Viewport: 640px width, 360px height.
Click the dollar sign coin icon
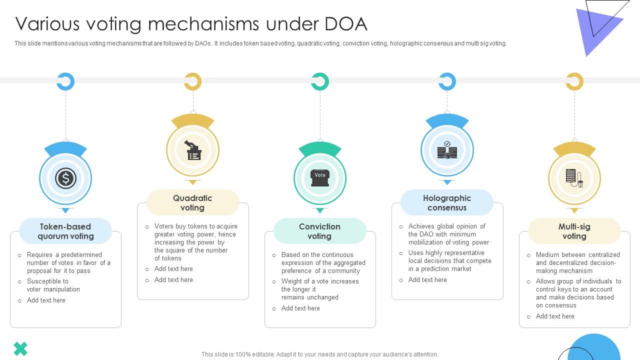tap(65, 178)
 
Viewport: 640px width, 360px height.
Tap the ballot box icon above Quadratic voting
tap(193, 150)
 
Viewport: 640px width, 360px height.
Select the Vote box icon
tap(320, 177)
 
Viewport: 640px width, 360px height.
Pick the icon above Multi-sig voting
tap(574, 178)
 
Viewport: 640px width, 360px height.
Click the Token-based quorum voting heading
tap(65, 231)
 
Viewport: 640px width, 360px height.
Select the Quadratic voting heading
tap(192, 202)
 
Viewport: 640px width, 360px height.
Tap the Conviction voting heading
tap(319, 231)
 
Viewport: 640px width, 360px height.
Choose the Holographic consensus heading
tap(447, 202)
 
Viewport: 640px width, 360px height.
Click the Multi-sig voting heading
tap(574, 231)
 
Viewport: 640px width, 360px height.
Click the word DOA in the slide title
tap(346, 24)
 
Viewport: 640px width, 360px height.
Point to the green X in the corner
tap(20, 348)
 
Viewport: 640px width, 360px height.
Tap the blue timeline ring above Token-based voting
tap(65, 81)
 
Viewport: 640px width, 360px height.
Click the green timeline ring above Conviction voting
tap(320, 81)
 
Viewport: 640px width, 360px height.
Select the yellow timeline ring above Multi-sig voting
tap(574, 81)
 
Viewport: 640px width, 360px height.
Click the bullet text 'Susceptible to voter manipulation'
tap(53, 285)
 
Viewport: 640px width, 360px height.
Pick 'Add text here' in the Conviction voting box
tap(300, 308)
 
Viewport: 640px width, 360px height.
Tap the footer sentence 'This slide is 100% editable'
tap(319, 354)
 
